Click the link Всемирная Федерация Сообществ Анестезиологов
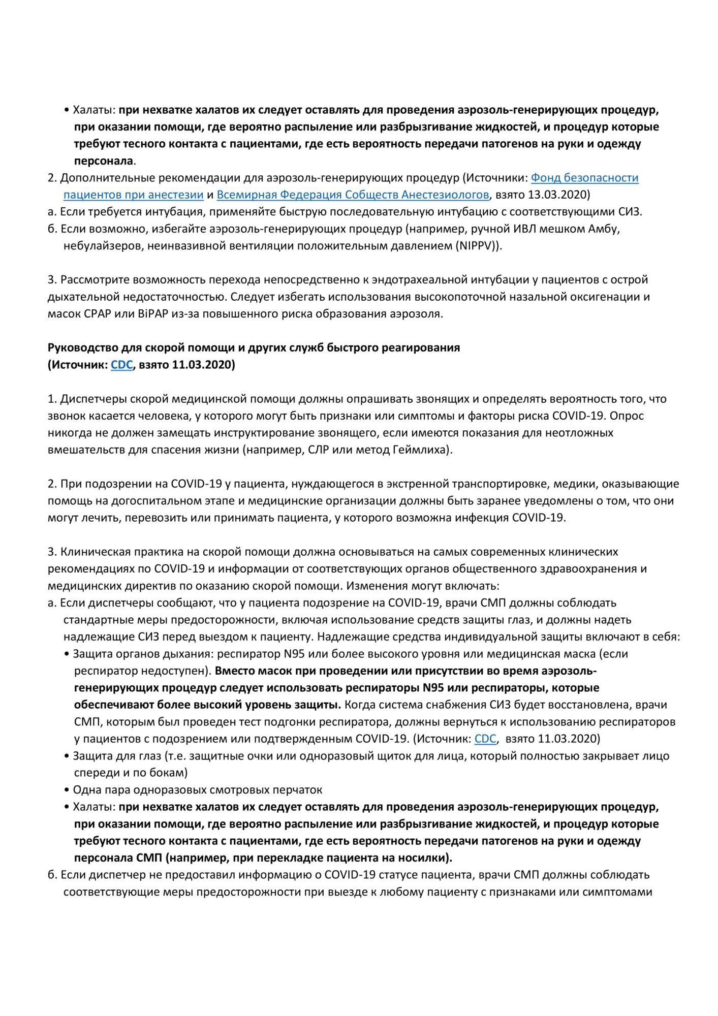click(x=353, y=195)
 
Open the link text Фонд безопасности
click(x=584, y=178)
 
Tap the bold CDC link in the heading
click(x=121, y=365)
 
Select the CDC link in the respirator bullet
click(x=485, y=739)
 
